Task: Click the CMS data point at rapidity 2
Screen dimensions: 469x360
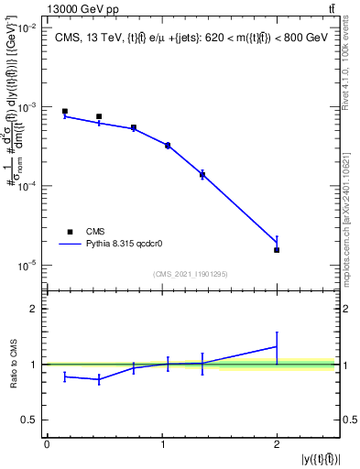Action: tap(277, 250)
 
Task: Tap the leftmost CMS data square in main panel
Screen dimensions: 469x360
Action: tap(65, 112)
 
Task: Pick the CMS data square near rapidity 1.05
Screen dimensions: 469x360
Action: tap(168, 145)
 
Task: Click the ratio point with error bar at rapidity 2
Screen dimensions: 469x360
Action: tap(277, 346)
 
